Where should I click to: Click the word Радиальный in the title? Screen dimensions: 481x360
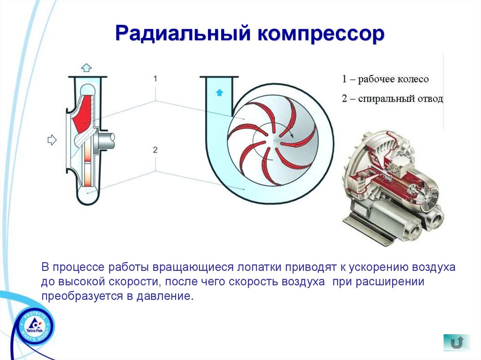pos(181,35)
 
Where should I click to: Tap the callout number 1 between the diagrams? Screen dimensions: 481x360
pos(155,78)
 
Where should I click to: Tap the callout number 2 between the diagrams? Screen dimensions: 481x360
pos(155,150)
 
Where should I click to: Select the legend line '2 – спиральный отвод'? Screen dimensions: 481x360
pos(392,99)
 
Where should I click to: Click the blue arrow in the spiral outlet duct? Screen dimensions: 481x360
pos(218,92)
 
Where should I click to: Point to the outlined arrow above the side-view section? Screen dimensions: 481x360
pos(87,66)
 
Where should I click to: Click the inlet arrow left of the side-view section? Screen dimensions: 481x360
pos(52,139)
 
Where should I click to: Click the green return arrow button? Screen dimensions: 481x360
pos(456,342)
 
